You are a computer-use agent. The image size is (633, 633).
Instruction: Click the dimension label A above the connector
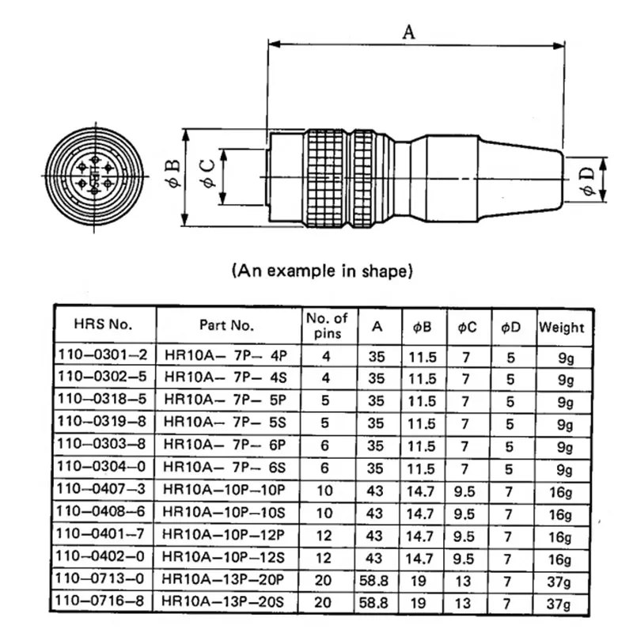pyautogui.click(x=409, y=32)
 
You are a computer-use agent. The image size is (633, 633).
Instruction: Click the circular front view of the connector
pyautogui.click(x=95, y=176)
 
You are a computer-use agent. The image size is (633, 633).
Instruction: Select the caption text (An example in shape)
pyautogui.click(x=323, y=271)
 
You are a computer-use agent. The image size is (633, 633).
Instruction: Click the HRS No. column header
pyautogui.click(x=104, y=324)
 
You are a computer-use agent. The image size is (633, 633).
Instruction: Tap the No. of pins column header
pyautogui.click(x=326, y=324)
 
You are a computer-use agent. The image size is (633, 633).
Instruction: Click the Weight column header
pyautogui.click(x=562, y=326)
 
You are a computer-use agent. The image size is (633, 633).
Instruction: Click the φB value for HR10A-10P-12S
pyautogui.click(x=422, y=558)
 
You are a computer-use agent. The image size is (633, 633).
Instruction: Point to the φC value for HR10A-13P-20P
pyautogui.click(x=465, y=579)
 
